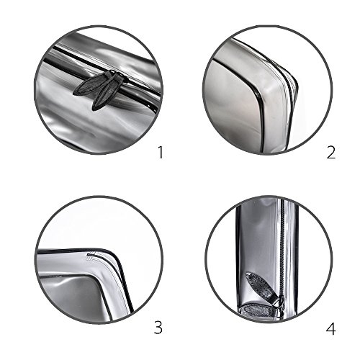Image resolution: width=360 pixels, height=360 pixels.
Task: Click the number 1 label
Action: (161, 152)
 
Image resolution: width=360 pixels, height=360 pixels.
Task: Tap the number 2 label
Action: (331, 152)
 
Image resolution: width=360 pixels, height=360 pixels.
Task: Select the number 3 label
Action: (158, 328)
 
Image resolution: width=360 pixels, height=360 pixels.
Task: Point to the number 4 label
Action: (330, 328)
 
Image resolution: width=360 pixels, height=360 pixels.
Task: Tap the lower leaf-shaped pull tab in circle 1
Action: (107, 92)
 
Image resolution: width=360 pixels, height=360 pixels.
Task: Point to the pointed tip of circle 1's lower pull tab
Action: (93, 110)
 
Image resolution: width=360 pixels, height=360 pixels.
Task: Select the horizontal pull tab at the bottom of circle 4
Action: (258, 310)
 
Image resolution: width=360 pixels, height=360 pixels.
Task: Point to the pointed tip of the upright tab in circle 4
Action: (247, 273)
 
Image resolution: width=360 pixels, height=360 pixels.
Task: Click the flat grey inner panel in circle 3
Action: (72, 300)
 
